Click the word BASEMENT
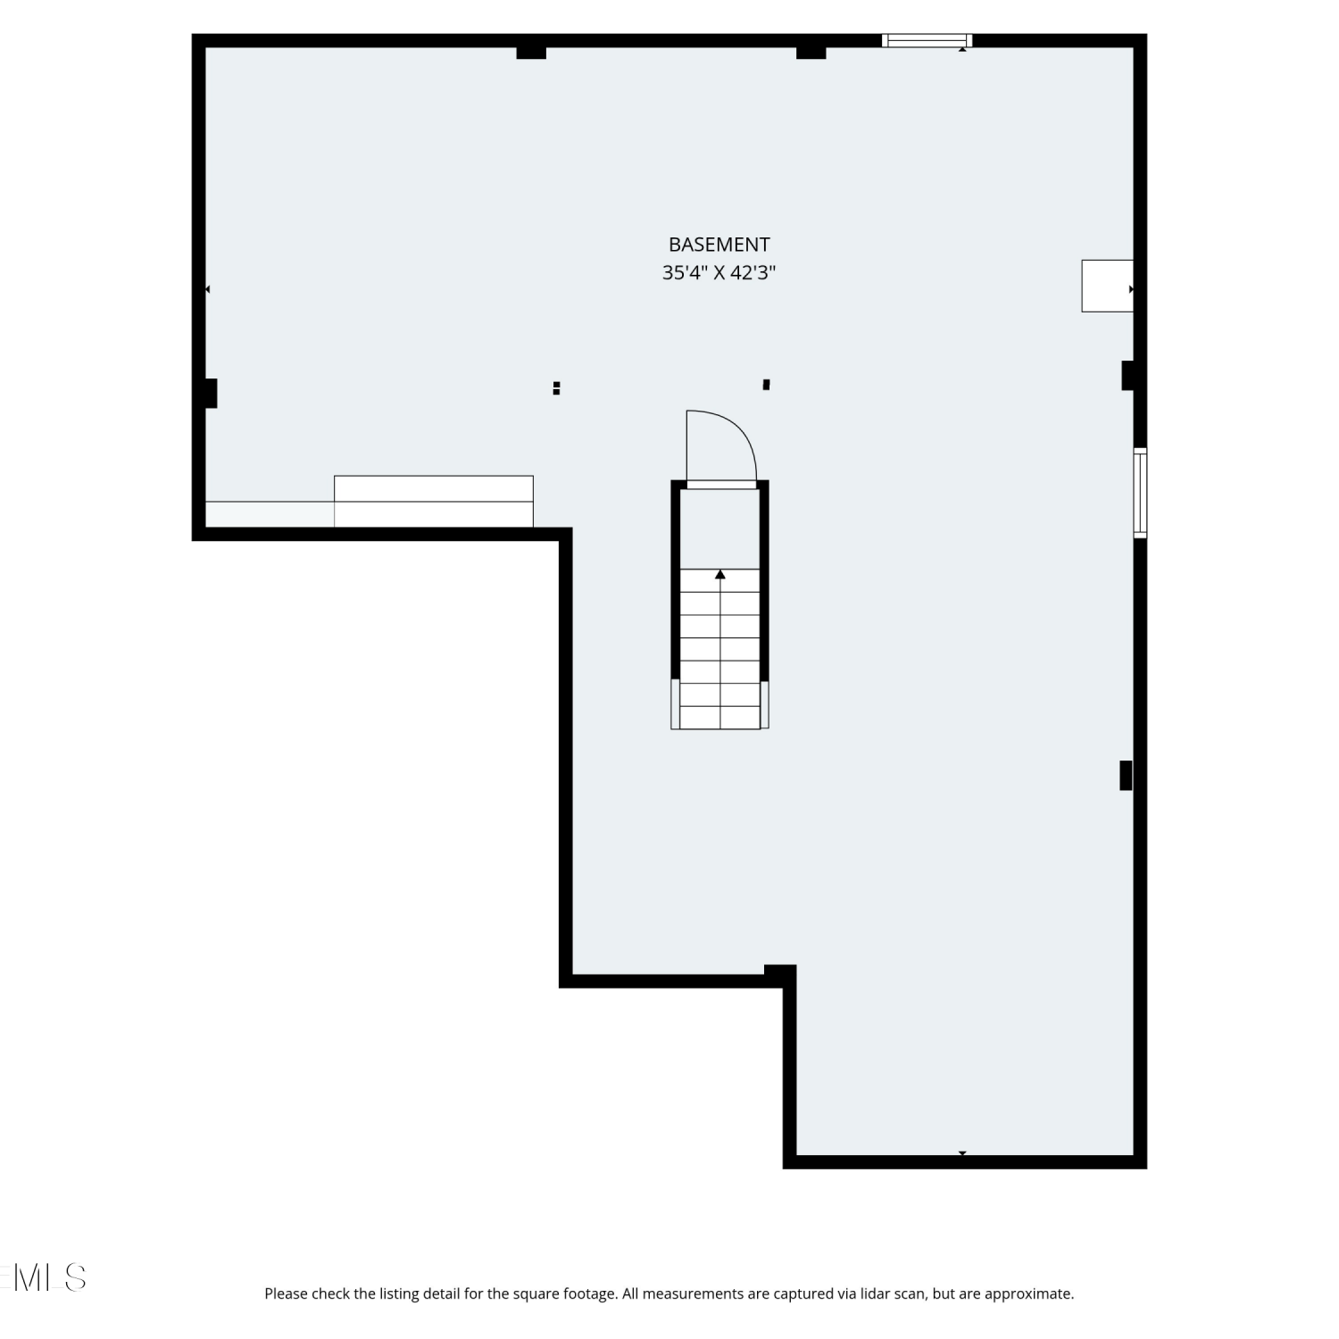719,245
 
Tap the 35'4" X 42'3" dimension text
719,273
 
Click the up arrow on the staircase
720,574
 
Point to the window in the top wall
927,40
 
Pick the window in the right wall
1140,493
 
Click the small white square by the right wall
1107,286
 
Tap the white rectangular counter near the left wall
434,501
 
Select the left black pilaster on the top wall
531,53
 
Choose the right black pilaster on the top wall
811,53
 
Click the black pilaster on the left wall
211,393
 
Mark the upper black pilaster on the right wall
1127,375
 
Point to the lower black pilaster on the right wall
1127,775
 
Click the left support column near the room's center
556,387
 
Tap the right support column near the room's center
766,385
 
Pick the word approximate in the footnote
1032,1294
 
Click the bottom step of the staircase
720,718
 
